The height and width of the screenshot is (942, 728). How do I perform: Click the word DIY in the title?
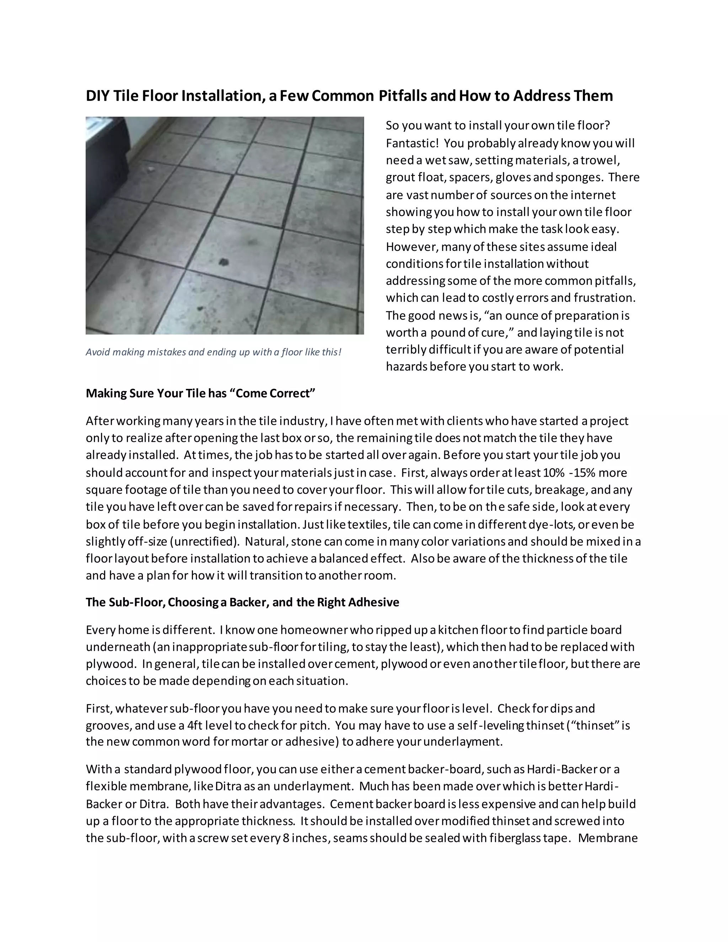coord(98,96)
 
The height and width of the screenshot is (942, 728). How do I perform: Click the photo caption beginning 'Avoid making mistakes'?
coord(213,352)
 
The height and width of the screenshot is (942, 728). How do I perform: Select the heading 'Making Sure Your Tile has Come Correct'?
coord(200,394)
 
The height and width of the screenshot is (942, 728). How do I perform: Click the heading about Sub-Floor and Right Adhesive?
coord(242,602)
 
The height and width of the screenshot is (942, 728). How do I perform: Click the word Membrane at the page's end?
coord(607,838)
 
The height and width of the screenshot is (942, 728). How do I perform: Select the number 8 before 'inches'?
coord(286,838)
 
